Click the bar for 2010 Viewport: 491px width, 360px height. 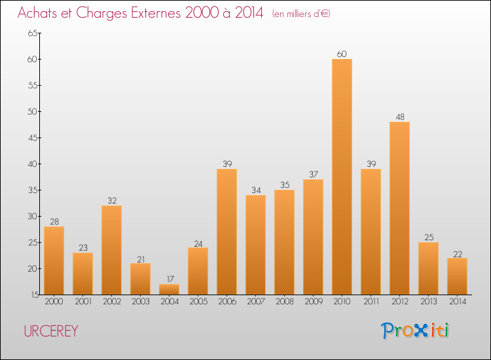tap(342, 177)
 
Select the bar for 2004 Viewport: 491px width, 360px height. tap(169, 289)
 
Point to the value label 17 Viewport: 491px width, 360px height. tap(169, 279)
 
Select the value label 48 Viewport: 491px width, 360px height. tap(399, 117)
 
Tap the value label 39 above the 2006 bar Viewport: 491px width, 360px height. tap(227, 164)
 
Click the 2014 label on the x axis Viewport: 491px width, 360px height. tap(457, 302)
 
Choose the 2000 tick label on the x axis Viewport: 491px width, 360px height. tap(54, 302)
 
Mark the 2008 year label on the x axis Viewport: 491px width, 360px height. tap(284, 302)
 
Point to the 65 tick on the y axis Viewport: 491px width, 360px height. tap(32, 33)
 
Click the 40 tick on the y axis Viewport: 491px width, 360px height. tap(32, 164)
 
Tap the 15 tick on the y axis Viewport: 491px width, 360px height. tap(32, 295)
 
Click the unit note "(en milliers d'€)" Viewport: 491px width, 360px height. tap(301, 14)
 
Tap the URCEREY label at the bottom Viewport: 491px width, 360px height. tap(51, 331)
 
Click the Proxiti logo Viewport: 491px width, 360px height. tap(415, 331)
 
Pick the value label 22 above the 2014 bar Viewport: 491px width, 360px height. tap(457, 253)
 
